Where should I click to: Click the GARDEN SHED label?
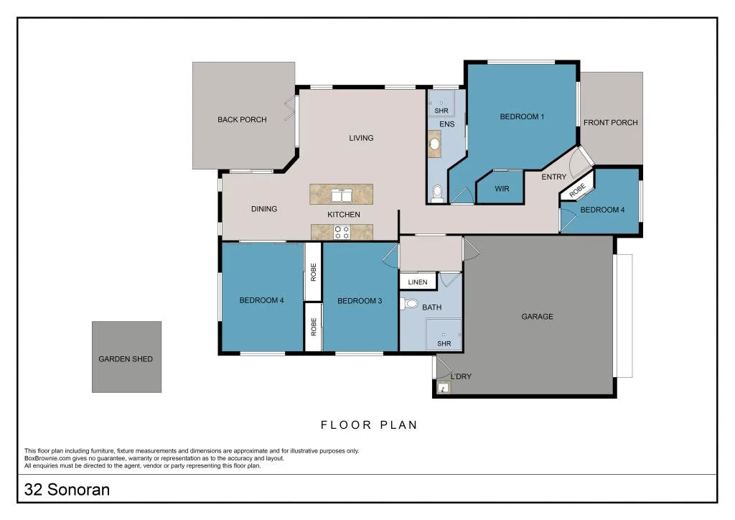[x=126, y=359]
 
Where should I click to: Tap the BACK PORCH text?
[x=242, y=120]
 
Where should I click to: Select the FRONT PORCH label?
[x=610, y=123]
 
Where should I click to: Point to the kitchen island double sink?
[x=341, y=195]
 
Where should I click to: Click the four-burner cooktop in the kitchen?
[x=342, y=232]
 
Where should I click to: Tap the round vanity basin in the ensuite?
[x=434, y=146]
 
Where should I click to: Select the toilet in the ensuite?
[x=437, y=192]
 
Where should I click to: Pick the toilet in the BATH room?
[x=410, y=304]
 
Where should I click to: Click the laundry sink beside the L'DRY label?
[x=444, y=389]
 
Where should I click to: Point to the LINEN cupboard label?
[x=418, y=282]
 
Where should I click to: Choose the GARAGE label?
[x=538, y=317]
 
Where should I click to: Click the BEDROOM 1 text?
[x=522, y=116]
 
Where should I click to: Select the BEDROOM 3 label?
[x=360, y=301]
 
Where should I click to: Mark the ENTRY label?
[x=553, y=177]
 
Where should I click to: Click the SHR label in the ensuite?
[x=441, y=111]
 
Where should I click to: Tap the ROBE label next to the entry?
[x=576, y=190]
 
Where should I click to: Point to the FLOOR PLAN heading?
[x=368, y=425]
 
